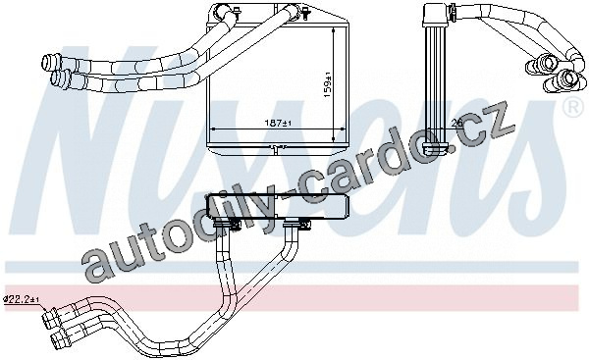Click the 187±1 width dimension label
point(279,123)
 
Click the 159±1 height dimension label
point(328,84)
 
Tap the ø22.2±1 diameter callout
point(21,299)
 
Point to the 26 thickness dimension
point(456,123)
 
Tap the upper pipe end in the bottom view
point(51,319)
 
